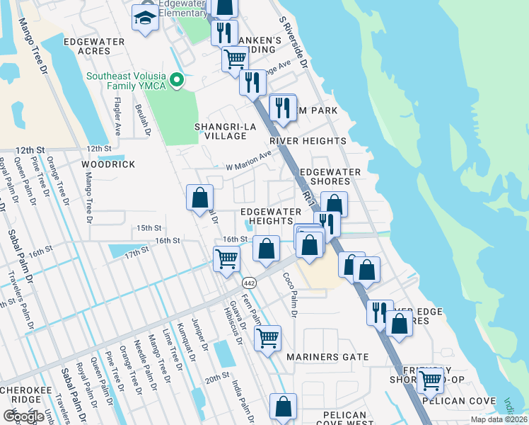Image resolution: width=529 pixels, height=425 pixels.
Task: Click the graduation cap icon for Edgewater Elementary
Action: pyautogui.click(x=145, y=19)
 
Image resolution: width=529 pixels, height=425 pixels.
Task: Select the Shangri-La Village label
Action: pyautogui.click(x=225, y=131)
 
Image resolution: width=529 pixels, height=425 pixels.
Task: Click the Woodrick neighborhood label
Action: pyautogui.click(x=108, y=164)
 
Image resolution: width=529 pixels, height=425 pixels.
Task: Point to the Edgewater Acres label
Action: pyautogui.click(x=94, y=46)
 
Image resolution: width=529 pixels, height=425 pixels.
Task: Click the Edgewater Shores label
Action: pyautogui.click(x=330, y=177)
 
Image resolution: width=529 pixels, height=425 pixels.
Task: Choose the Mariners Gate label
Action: pyautogui.click(x=327, y=357)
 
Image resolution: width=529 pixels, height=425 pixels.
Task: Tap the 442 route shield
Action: pyautogui.click(x=254, y=283)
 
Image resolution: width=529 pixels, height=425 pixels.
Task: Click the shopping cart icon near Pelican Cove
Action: pyautogui.click(x=430, y=381)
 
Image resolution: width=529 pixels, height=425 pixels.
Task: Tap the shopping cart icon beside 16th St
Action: pyautogui.click(x=226, y=259)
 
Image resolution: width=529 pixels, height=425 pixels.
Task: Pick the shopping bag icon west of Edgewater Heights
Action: pyautogui.click(x=200, y=197)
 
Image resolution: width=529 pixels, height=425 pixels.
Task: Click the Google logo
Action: pyautogui.click(x=23, y=416)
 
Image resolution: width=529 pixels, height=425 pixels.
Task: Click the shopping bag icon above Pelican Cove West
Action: pyautogui.click(x=283, y=407)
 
